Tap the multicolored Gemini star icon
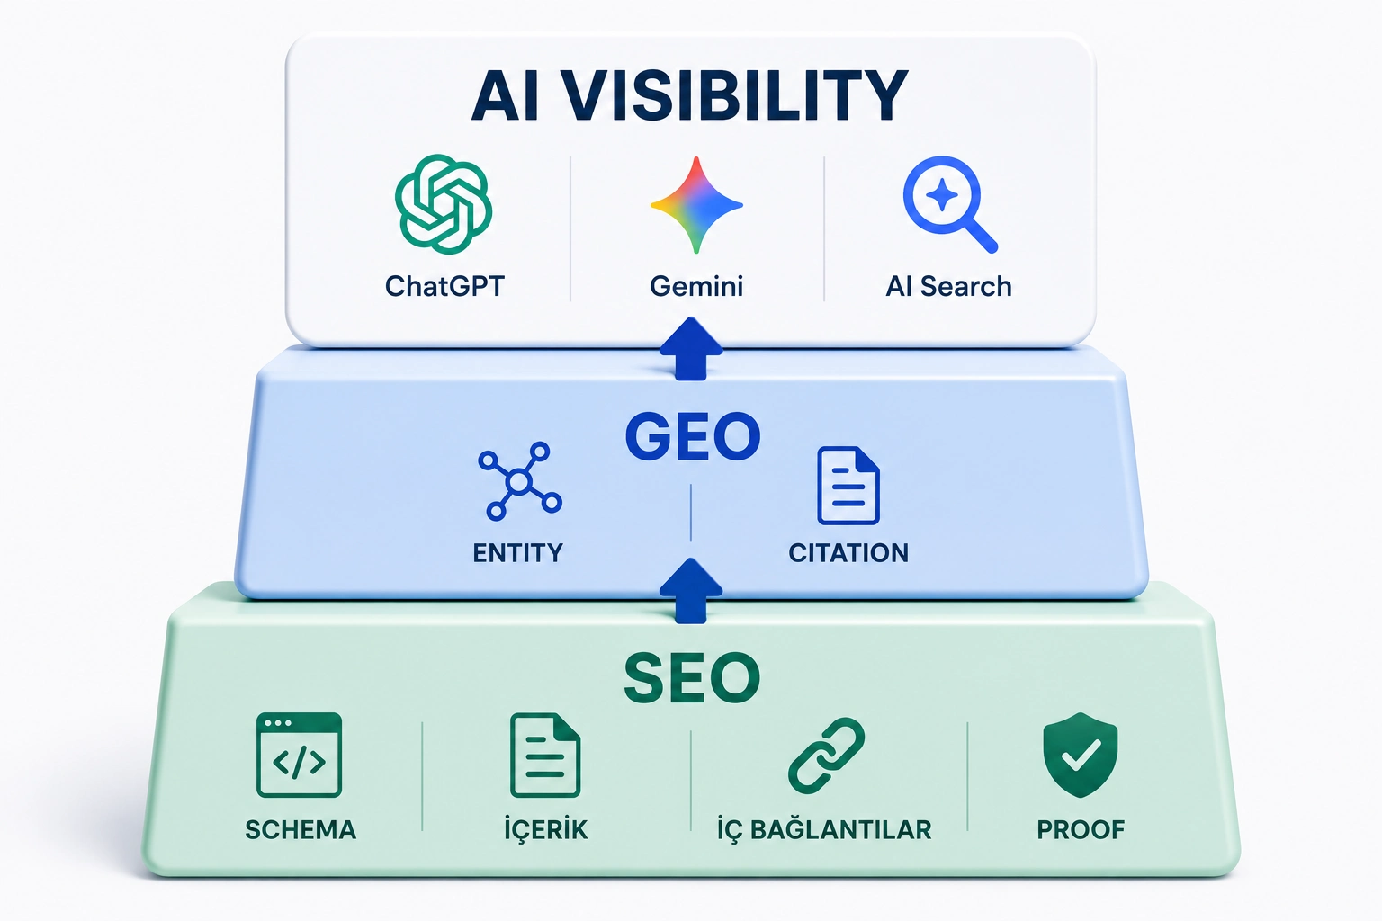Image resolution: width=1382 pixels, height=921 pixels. [x=696, y=205]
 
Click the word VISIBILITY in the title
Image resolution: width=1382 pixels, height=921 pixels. [x=737, y=95]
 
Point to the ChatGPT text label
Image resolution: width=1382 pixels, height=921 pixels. [x=444, y=286]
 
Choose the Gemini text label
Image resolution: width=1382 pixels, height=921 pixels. [x=696, y=286]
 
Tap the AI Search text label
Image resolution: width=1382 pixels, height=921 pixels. [x=949, y=286]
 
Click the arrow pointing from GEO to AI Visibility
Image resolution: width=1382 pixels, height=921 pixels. [x=691, y=349]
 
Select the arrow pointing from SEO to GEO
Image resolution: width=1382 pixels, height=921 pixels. [x=691, y=591]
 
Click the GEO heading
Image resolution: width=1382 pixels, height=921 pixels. [x=693, y=437]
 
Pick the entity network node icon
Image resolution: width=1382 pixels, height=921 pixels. [x=519, y=481]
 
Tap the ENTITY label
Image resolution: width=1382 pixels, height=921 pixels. [x=517, y=553]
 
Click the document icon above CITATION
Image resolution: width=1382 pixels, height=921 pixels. [x=848, y=486]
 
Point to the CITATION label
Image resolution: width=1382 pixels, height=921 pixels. [x=848, y=553]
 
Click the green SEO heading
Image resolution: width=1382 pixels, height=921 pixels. [x=692, y=678]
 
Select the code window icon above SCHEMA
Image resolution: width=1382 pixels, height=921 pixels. [x=300, y=756]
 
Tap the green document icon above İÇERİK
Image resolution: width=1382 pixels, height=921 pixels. [x=545, y=756]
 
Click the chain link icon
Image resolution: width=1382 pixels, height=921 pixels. [x=827, y=756]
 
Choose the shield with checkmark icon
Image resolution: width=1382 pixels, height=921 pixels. [x=1081, y=756]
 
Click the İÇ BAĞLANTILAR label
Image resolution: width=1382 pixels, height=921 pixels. [x=824, y=828]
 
